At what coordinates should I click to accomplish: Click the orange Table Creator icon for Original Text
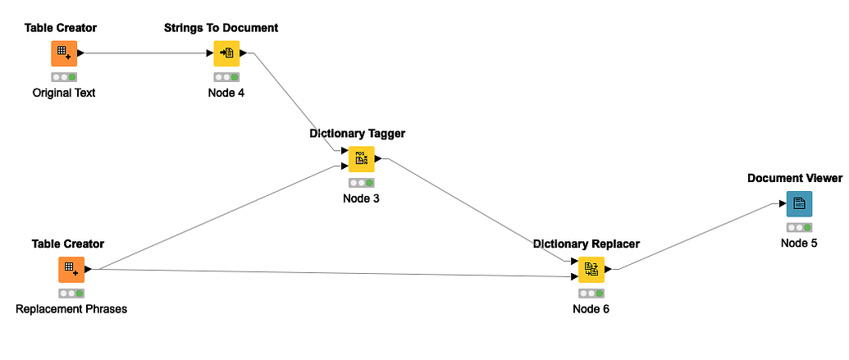(x=64, y=53)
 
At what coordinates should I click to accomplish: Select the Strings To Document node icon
(x=226, y=53)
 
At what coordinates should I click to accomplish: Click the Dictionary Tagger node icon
(x=361, y=158)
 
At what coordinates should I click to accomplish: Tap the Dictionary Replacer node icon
(x=591, y=269)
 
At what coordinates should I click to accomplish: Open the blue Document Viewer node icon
(x=799, y=203)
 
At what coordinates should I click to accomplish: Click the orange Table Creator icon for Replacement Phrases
(x=71, y=269)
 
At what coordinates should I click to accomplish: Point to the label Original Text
(x=64, y=93)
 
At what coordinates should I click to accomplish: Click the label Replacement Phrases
(x=71, y=309)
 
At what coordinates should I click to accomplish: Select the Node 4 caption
(x=226, y=93)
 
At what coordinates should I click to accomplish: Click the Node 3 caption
(x=361, y=198)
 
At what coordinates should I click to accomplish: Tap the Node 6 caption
(x=591, y=309)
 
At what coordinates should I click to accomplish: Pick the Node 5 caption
(x=799, y=243)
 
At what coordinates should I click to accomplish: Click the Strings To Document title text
(x=221, y=28)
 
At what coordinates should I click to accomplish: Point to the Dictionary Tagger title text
(x=358, y=133)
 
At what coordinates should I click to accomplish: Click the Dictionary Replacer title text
(x=587, y=244)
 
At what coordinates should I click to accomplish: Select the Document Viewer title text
(x=795, y=178)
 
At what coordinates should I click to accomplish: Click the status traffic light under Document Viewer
(x=799, y=227)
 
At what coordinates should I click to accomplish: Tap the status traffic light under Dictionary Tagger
(x=361, y=183)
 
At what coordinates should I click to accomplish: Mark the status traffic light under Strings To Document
(x=226, y=77)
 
